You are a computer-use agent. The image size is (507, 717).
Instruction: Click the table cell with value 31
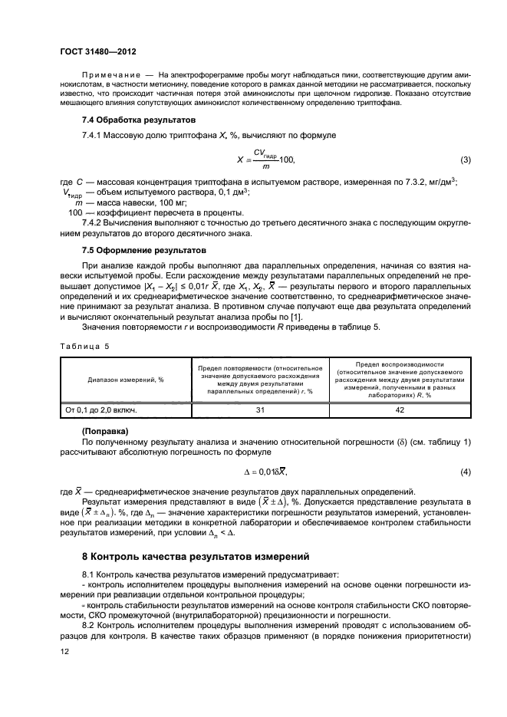pyautogui.click(x=259, y=409)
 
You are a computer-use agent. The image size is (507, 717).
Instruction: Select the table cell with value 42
pyautogui.click(x=400, y=409)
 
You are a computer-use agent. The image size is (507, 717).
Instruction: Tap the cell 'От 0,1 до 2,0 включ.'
pyautogui.click(x=101, y=409)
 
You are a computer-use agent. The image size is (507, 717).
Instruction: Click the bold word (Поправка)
pyautogui.click(x=106, y=430)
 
